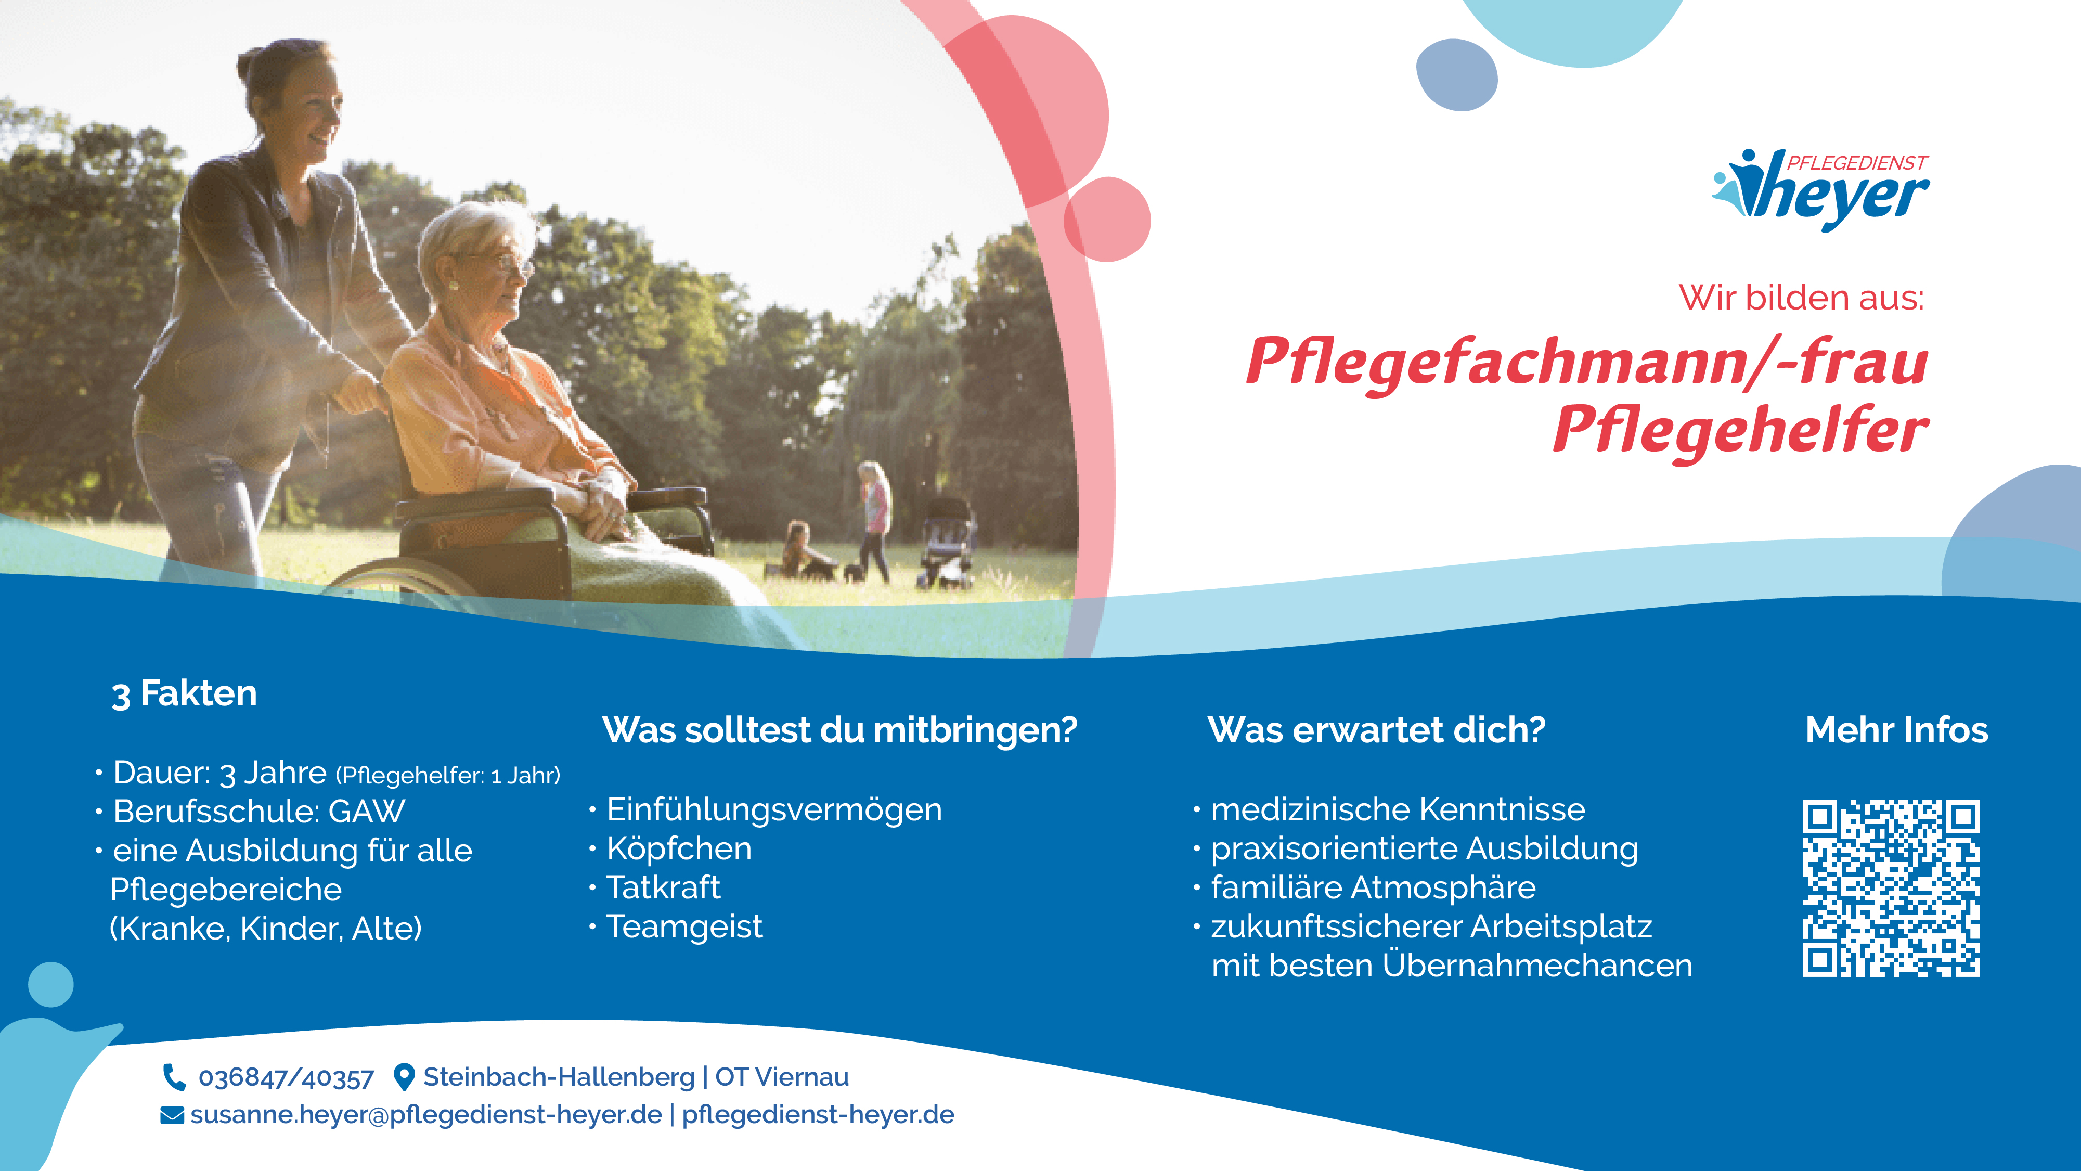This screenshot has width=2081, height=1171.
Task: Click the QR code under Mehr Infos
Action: (1891, 888)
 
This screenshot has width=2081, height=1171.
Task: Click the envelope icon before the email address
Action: (172, 1115)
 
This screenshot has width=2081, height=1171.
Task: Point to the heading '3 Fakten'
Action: (184, 693)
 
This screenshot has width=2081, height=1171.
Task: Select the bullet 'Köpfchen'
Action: (679, 848)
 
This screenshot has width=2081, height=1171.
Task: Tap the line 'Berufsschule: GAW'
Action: (258, 812)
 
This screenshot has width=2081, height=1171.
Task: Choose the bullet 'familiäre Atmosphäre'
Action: (1373, 887)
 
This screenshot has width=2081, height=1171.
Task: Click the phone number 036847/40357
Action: (286, 1077)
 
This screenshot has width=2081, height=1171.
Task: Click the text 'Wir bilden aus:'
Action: (1802, 298)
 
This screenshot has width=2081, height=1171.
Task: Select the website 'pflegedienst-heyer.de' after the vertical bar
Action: (818, 1115)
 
